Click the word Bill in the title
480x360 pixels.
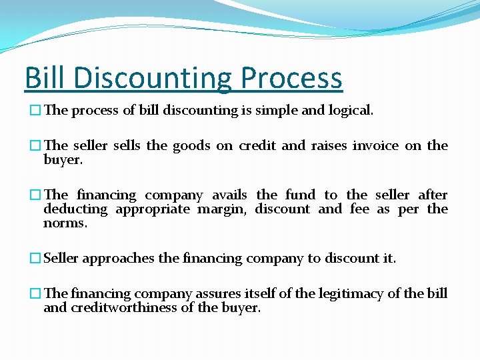[45, 77]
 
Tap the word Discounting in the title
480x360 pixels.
[153, 77]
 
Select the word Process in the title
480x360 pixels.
[291, 77]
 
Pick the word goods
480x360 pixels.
[191, 146]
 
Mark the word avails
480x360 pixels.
[229, 195]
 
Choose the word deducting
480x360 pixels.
[75, 209]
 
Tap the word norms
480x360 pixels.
[65, 223]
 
